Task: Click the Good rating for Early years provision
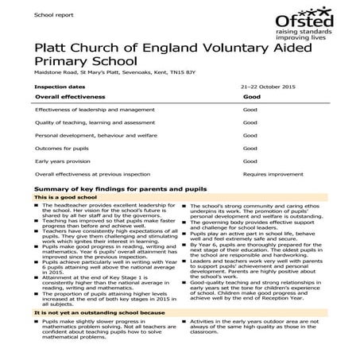pos(250,160)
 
